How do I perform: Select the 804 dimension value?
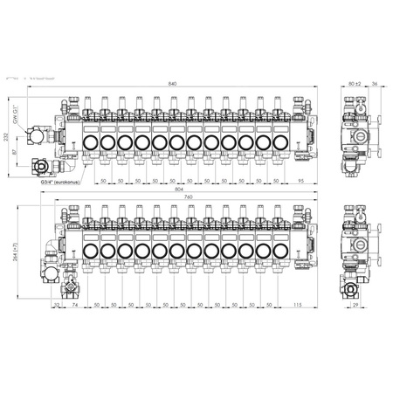coord(179,190)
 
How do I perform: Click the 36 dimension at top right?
coord(375,83)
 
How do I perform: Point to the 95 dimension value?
coord(300,179)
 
